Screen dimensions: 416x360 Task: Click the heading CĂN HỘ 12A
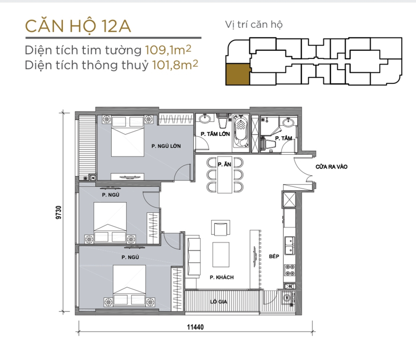point(78,26)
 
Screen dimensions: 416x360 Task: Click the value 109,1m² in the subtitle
point(168,49)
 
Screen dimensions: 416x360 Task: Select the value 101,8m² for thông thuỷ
point(175,65)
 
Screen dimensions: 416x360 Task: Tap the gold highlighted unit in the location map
point(238,74)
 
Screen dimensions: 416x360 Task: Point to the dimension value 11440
point(195,327)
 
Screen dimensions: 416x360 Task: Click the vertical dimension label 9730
point(59,212)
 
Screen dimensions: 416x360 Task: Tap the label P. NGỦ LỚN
point(166,146)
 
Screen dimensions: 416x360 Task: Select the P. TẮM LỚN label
point(215,134)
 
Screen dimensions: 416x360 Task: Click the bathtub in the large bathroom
point(241,131)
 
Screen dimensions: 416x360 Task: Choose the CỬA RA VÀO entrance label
point(331,167)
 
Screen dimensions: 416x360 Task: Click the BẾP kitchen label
point(274,256)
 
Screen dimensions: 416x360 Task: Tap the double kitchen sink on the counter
point(290,245)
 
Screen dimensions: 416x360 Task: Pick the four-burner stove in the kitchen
point(290,270)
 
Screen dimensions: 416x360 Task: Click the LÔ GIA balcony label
point(219,301)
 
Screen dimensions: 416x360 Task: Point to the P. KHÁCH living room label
point(222,278)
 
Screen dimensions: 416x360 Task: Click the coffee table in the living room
point(221,255)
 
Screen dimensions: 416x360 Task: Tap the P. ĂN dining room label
point(225,165)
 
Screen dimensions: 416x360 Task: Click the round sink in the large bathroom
point(205,119)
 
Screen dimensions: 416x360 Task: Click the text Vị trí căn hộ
point(254,25)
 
